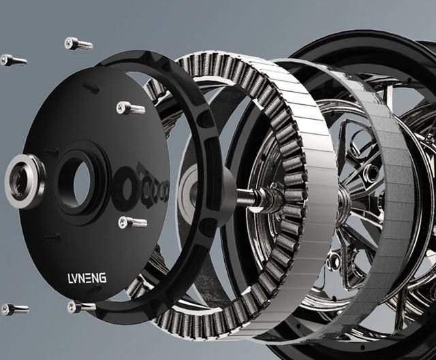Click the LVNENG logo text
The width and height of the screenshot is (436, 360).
click(x=87, y=278)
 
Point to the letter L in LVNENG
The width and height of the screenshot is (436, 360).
click(x=69, y=278)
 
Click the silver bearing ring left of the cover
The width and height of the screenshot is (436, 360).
click(x=25, y=182)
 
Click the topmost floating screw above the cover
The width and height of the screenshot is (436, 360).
click(x=78, y=44)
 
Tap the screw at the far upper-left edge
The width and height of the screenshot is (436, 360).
click(x=14, y=60)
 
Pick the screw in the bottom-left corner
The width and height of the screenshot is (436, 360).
click(x=15, y=309)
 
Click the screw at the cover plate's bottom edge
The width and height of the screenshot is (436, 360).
click(x=81, y=307)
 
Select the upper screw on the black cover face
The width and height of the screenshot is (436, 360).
click(x=131, y=108)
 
